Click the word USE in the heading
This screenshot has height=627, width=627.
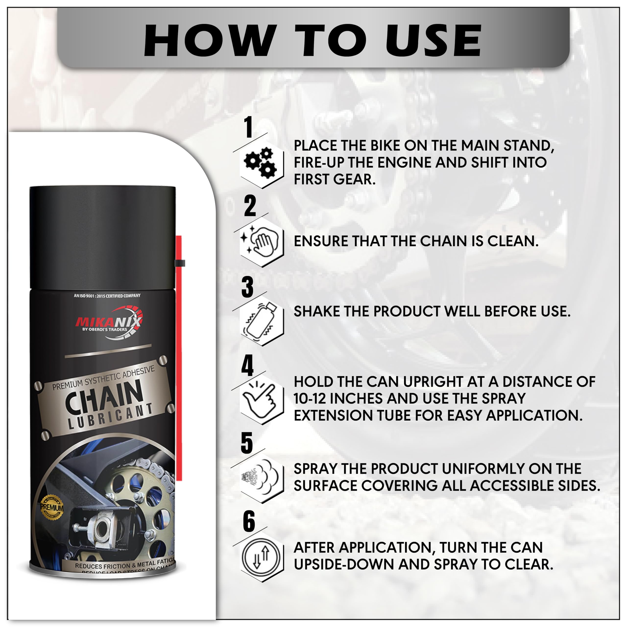[x=433, y=41]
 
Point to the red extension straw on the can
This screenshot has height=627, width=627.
[x=179, y=357]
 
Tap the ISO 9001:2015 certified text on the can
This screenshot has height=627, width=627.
[x=107, y=296]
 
